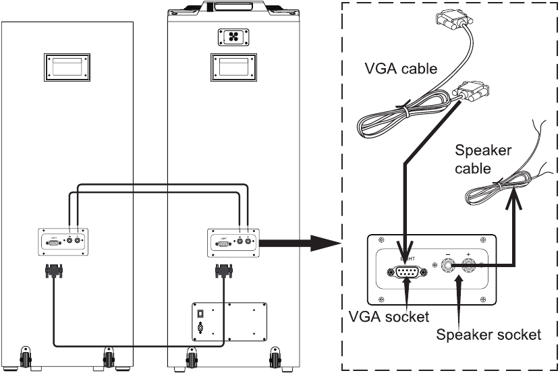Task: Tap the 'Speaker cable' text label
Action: (x=483, y=159)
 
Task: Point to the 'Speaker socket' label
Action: (x=488, y=334)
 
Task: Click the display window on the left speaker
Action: (x=67, y=67)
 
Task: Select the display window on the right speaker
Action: (x=229, y=68)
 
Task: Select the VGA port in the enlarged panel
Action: (x=405, y=272)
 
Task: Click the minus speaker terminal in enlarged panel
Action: (x=447, y=266)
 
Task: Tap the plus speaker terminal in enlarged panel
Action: (x=468, y=266)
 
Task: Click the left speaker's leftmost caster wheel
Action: (x=27, y=356)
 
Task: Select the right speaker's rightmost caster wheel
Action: (x=275, y=356)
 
